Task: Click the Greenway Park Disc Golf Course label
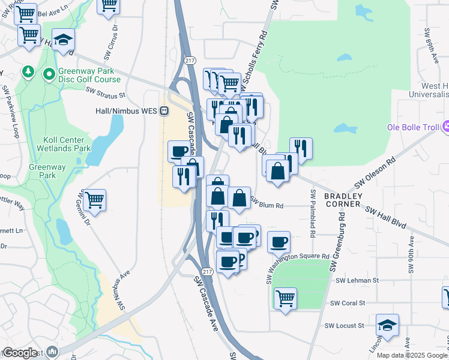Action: (x=89, y=75)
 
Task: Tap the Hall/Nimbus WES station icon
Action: (x=164, y=111)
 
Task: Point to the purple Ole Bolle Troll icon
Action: (x=445, y=127)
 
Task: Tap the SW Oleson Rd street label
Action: (x=376, y=173)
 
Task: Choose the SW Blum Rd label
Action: (x=266, y=205)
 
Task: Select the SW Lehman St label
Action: (x=358, y=280)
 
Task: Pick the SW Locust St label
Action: (x=345, y=326)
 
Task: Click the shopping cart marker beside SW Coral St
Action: (x=285, y=298)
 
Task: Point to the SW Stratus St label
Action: (x=105, y=94)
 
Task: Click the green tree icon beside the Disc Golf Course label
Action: (x=28, y=72)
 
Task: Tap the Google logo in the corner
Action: (x=20, y=353)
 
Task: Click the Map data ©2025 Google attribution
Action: (x=411, y=355)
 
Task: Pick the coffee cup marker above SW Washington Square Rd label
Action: (x=278, y=242)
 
